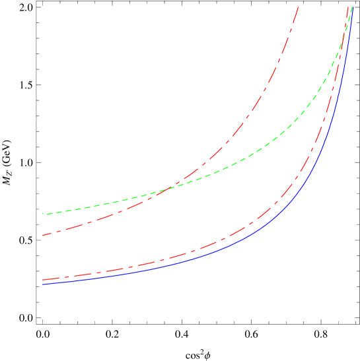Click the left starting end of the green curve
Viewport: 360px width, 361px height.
click(x=43, y=214)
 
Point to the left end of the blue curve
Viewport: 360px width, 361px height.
click(x=43, y=284)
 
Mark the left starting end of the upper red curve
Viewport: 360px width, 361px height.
click(x=43, y=235)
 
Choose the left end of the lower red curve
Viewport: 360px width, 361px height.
click(x=43, y=280)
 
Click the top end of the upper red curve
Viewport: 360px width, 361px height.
click(x=299, y=7)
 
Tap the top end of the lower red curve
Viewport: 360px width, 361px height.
click(x=347, y=7)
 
